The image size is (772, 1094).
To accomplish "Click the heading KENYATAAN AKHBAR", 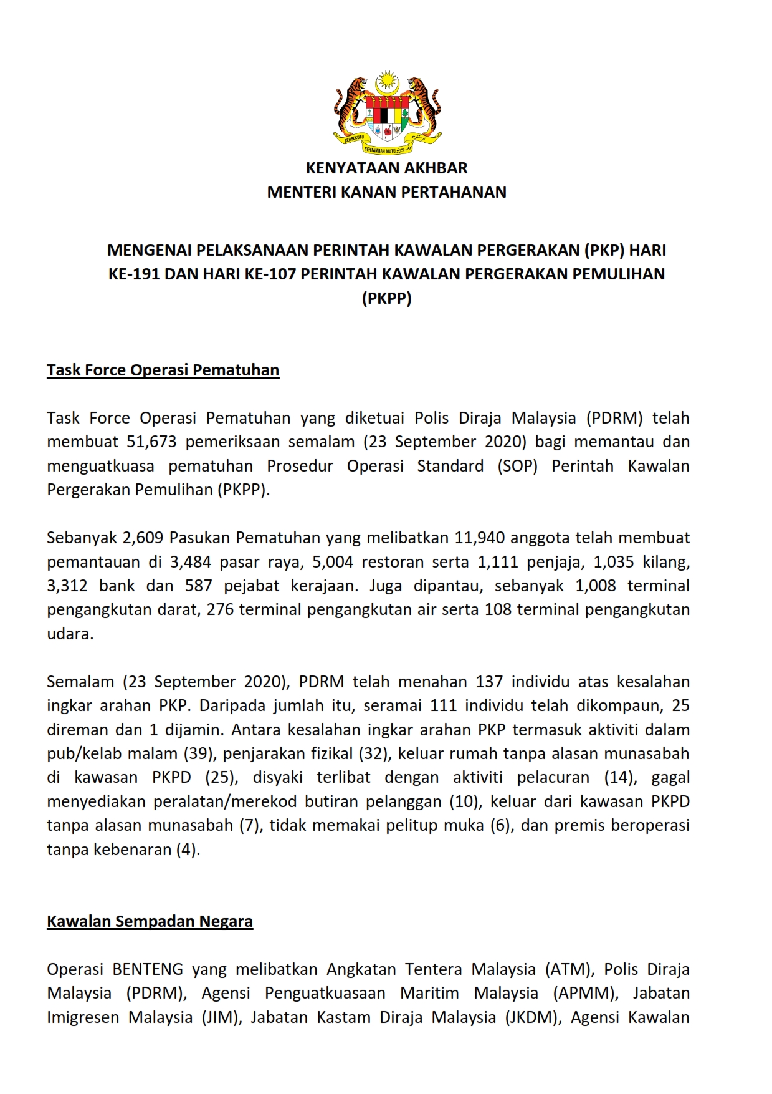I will tap(386, 168).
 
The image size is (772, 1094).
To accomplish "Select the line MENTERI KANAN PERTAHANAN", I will tap(386, 192).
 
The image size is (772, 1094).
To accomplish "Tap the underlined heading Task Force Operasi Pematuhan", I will tap(163, 370).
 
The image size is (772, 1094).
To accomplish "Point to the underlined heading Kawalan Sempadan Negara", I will tap(150, 921).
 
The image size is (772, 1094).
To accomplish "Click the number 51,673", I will tap(151, 442).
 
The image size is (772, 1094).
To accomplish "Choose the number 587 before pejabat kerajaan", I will tap(199, 586).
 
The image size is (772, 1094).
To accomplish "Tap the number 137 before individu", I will tap(489, 682).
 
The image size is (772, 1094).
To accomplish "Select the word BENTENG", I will tap(148, 969).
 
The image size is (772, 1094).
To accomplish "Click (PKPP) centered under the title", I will tap(386, 298).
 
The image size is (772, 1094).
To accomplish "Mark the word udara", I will tap(70, 634).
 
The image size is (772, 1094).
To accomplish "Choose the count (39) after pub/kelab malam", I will tap(199, 753).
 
